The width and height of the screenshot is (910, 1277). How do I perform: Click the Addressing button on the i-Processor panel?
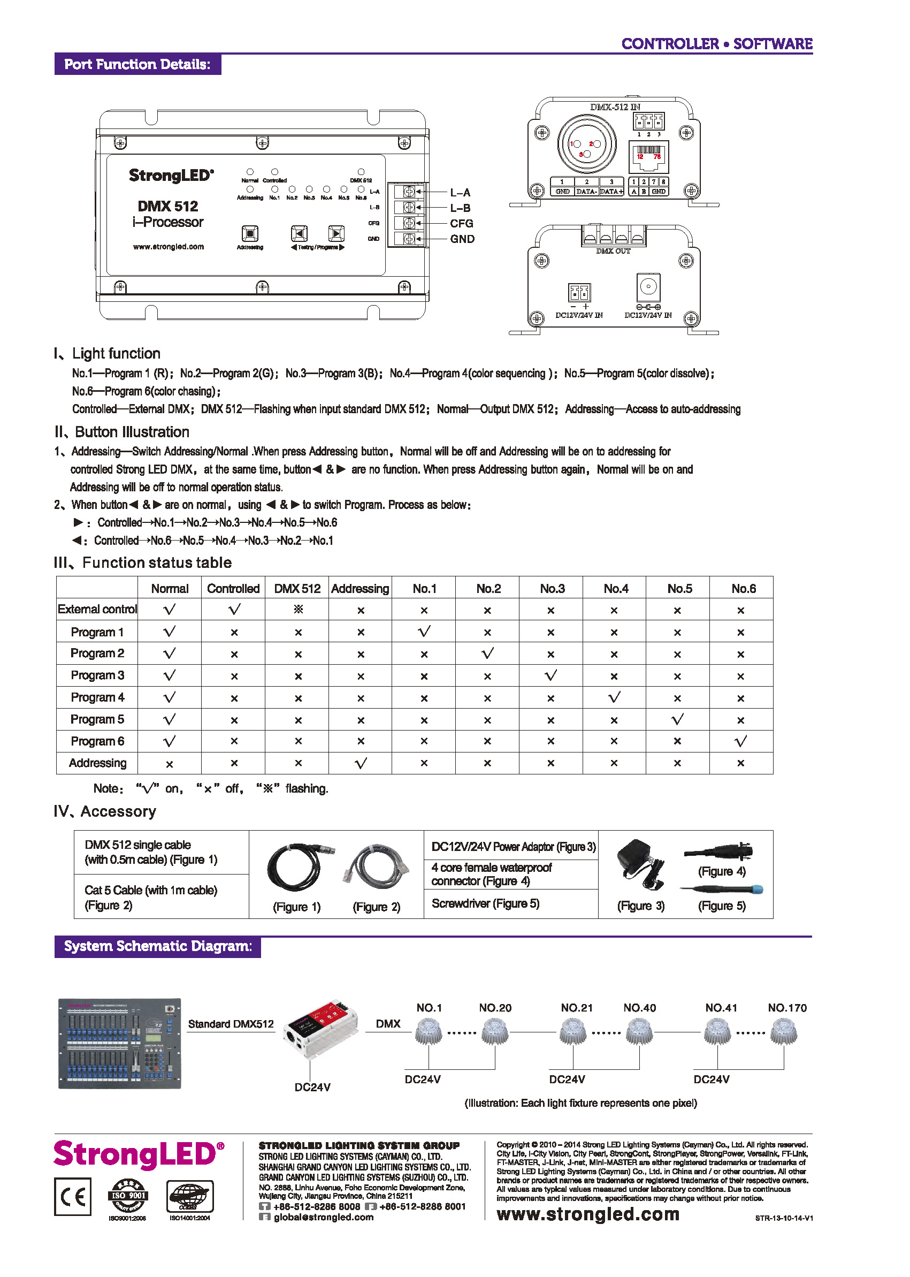(249, 233)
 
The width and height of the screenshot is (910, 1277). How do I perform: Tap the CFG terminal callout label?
(461, 223)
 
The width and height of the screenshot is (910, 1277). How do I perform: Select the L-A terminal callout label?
(460, 192)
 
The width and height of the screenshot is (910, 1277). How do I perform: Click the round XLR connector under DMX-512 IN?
(586, 144)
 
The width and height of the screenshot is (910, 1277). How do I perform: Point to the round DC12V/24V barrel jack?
(648, 287)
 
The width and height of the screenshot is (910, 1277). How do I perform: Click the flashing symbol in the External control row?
(298, 610)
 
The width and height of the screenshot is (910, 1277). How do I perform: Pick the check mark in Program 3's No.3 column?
(551, 675)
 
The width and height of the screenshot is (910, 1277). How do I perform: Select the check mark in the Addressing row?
(361, 763)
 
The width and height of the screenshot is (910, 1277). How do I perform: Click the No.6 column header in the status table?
(743, 589)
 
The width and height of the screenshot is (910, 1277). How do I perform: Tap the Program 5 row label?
(97, 719)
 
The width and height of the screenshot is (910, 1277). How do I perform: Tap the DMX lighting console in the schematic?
(119, 1043)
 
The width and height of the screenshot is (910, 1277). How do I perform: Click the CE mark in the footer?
(73, 1196)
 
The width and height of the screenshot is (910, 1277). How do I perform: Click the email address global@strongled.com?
(323, 1217)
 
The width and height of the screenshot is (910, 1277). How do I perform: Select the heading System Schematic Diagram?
(157, 946)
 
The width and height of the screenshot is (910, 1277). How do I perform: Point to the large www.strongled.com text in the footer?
(588, 1214)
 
